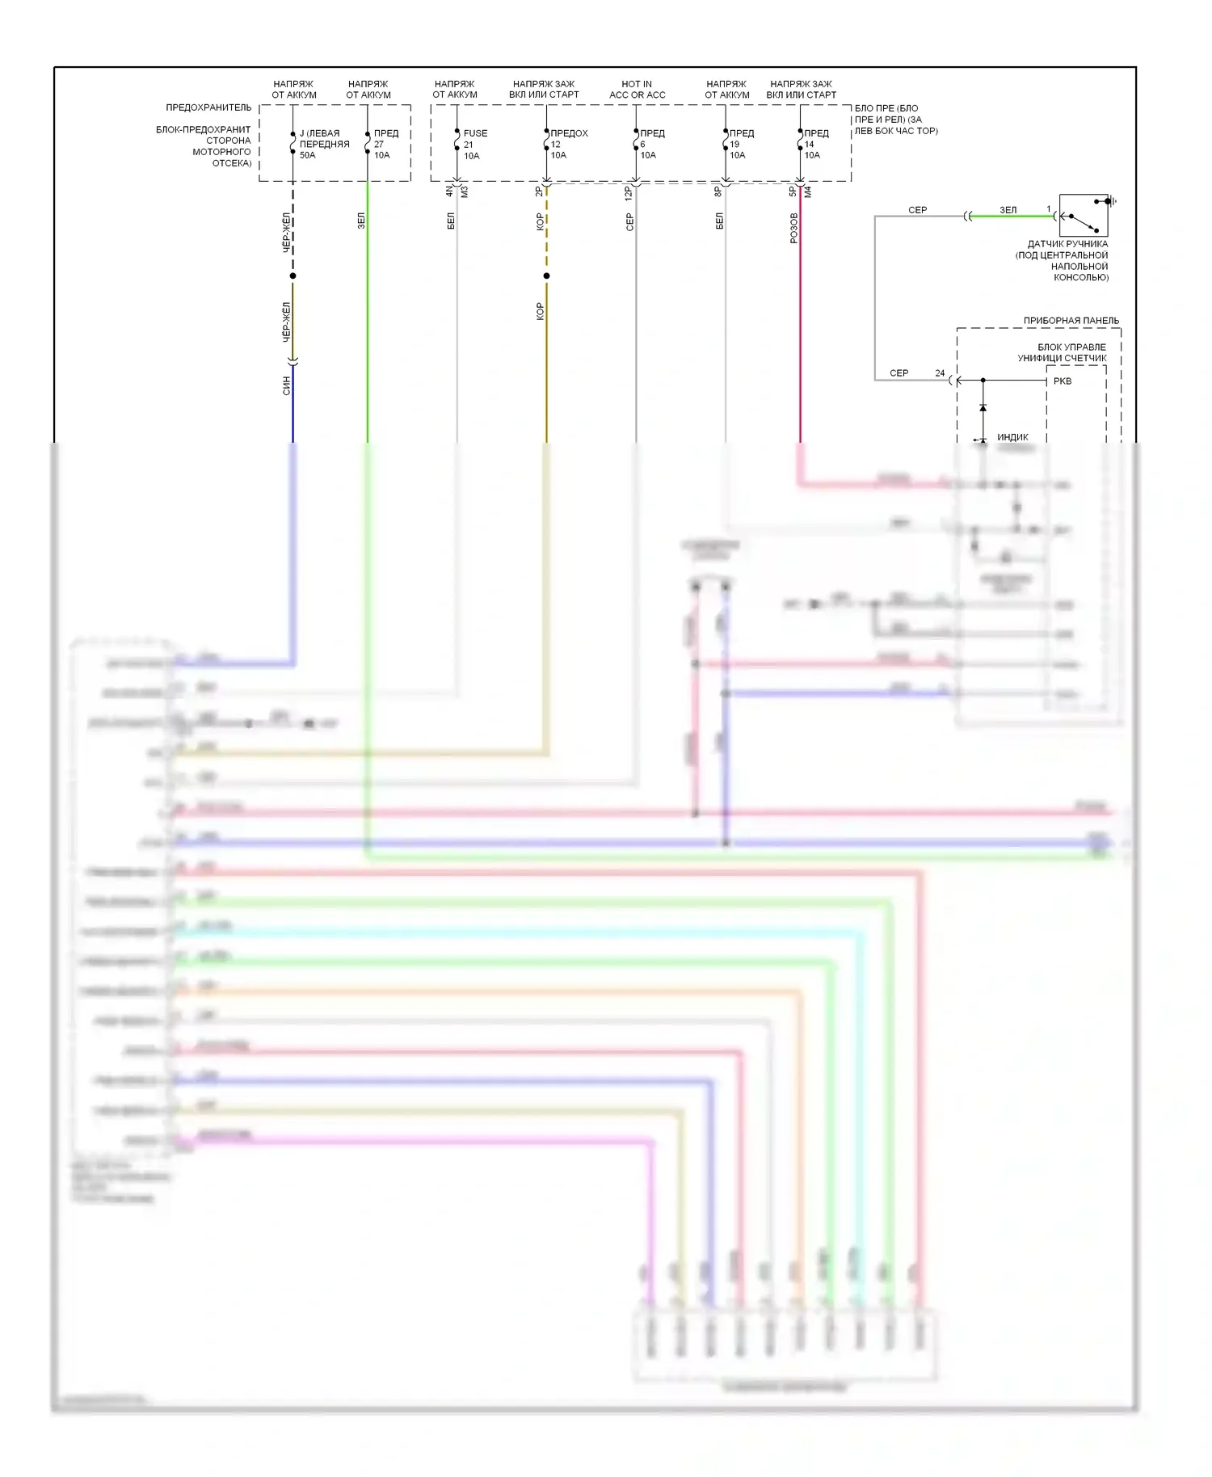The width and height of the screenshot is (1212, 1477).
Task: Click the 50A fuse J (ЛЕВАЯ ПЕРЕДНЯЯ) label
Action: click(323, 144)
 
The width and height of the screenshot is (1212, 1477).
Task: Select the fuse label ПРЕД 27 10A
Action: click(385, 144)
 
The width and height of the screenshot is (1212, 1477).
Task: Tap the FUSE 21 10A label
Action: click(474, 144)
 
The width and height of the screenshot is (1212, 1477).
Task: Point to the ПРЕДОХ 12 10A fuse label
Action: click(568, 144)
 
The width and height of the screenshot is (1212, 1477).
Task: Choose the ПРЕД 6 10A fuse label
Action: click(651, 144)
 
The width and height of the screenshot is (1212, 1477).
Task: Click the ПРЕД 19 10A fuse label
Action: click(740, 144)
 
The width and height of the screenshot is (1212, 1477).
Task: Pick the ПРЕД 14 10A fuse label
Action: click(815, 144)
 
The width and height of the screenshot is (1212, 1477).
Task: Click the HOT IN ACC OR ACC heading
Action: click(637, 89)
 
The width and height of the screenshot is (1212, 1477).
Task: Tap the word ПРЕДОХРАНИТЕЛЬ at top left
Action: click(208, 107)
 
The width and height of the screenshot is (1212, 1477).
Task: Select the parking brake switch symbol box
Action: click(1083, 215)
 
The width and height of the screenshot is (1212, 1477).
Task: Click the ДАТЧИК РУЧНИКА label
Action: click(1067, 244)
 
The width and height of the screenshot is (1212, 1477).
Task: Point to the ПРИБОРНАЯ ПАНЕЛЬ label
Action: click(1071, 321)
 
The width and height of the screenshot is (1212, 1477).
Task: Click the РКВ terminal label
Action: click(1062, 381)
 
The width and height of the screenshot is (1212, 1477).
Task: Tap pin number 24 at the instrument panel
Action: click(940, 373)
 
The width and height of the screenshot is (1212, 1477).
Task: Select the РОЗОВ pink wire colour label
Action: click(793, 228)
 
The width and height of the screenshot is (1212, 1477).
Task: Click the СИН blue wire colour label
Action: click(286, 385)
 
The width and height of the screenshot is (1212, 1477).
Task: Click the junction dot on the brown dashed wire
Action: click(546, 276)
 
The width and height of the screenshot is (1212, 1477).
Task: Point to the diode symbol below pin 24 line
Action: click(983, 408)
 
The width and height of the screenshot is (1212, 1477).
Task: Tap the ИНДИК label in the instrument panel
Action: click(1012, 437)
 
